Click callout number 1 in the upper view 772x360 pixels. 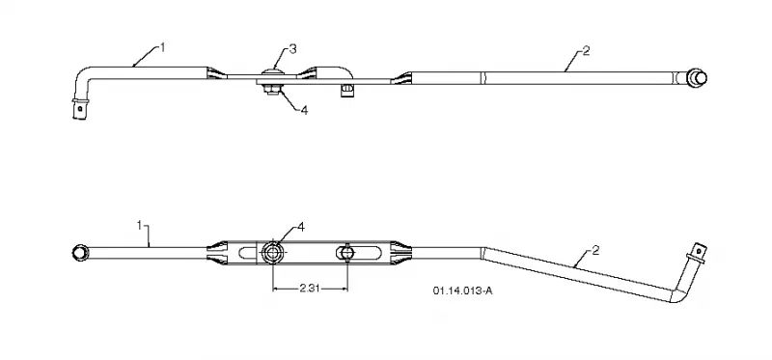(162, 47)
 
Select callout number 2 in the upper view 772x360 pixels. (586, 51)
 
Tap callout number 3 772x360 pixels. (293, 49)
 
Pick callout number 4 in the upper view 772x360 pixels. (304, 110)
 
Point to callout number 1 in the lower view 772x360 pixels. (139, 225)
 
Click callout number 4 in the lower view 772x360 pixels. (301, 227)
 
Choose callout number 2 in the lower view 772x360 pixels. (595, 251)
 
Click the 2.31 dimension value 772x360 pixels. (310, 289)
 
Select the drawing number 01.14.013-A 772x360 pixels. (462, 291)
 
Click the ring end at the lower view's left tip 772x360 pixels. (79, 252)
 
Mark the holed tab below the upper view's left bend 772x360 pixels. (79, 108)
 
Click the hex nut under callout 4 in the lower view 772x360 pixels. (272, 253)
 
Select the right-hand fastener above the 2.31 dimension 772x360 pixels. (347, 253)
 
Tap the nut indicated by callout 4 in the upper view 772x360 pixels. (271, 89)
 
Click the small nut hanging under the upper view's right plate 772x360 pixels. (347, 91)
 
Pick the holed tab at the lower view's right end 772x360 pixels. (698, 252)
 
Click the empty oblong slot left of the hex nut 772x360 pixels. (248, 253)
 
